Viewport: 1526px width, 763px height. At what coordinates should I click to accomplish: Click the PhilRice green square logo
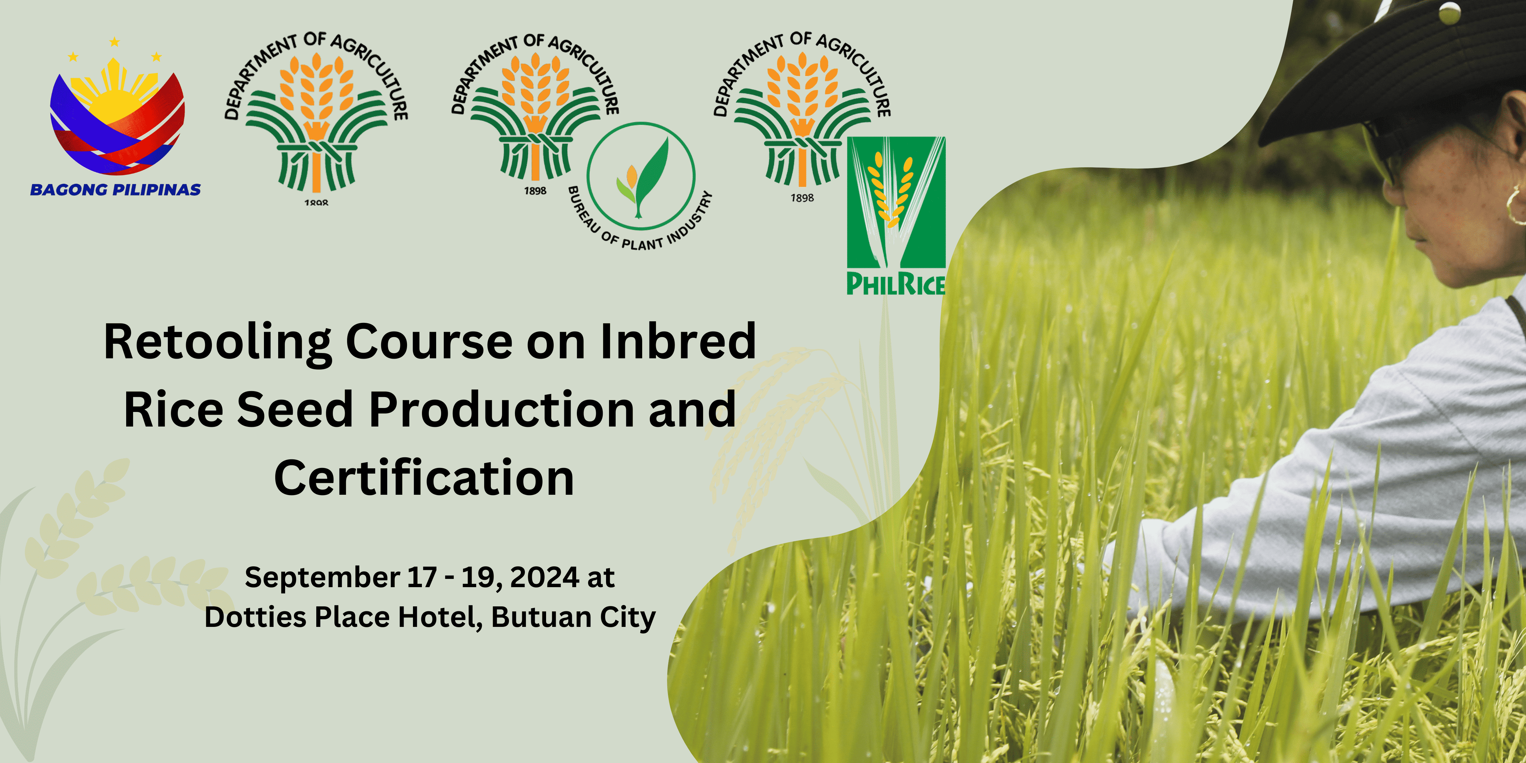(896, 202)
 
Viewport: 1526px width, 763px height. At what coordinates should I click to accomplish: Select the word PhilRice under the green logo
(896, 284)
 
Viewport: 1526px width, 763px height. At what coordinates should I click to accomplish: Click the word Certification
(424, 478)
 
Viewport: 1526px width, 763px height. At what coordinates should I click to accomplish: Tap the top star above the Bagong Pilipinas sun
(114, 42)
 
